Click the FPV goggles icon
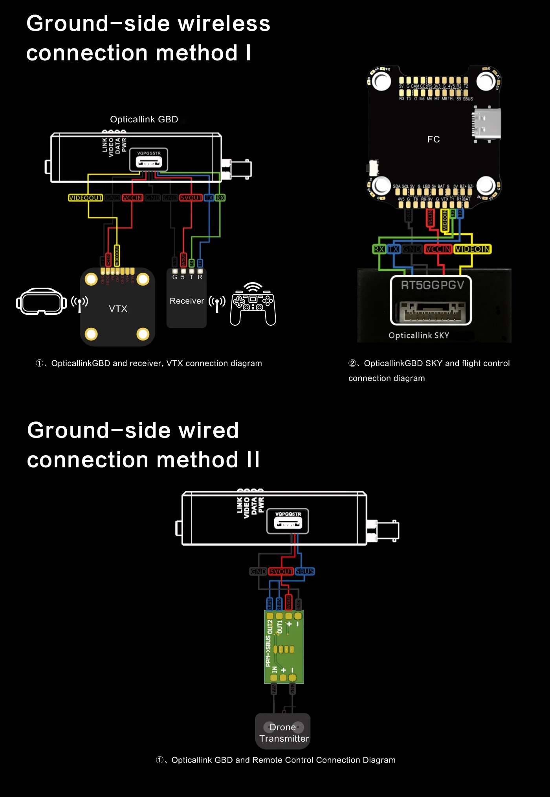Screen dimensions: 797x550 41,301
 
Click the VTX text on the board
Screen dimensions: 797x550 118,309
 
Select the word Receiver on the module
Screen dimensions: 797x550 187,301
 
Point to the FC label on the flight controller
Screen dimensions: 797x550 433,139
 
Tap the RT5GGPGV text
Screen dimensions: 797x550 432,285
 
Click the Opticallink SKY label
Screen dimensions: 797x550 418,336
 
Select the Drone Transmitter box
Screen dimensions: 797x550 283,732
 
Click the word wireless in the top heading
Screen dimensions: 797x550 224,24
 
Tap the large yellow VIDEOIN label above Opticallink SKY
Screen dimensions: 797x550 473,249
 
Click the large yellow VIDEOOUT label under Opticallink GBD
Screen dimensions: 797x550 85,198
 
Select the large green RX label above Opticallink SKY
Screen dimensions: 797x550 379,249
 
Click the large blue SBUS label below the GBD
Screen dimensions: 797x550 305,571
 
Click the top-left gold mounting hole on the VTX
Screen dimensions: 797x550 91,279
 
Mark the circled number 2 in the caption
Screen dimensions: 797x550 352,363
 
